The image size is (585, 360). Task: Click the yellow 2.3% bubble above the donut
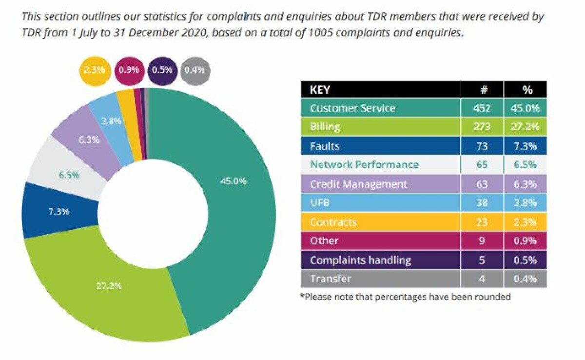pyautogui.click(x=95, y=70)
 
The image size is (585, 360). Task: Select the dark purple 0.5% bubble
pyautogui.click(x=162, y=70)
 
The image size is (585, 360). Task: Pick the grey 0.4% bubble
pyautogui.click(x=195, y=70)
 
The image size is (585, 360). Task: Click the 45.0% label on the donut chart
pyautogui.click(x=233, y=181)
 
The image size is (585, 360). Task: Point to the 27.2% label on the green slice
pyautogui.click(x=108, y=285)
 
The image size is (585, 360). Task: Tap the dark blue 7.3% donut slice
pyautogui.click(x=58, y=212)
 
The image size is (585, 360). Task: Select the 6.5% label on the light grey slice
pyautogui.click(x=69, y=175)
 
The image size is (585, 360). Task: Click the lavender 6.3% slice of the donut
pyautogui.click(x=89, y=139)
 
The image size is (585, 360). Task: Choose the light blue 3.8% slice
pyautogui.click(x=112, y=121)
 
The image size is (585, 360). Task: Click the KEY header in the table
pyautogui.click(x=320, y=90)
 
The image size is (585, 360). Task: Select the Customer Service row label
pyautogui.click(x=352, y=108)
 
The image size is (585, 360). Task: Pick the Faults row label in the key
pyautogui.click(x=325, y=146)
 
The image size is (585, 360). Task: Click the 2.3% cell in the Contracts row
pyautogui.click(x=525, y=222)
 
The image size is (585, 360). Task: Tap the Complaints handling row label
pyautogui.click(x=360, y=260)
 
